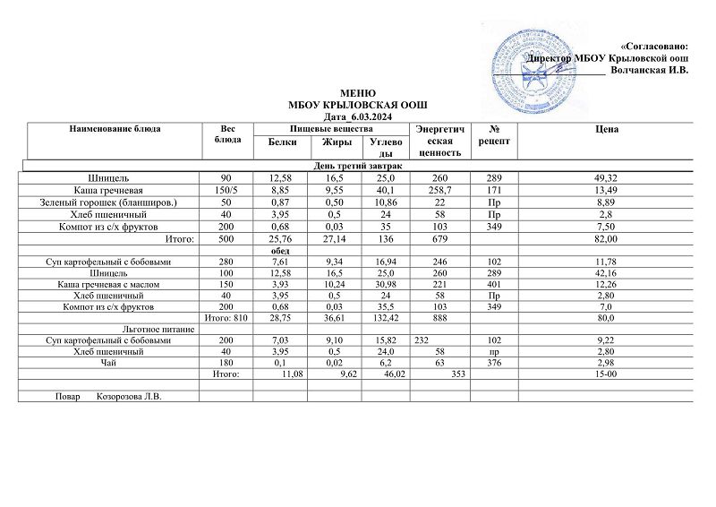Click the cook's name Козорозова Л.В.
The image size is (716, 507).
click(x=133, y=396)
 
